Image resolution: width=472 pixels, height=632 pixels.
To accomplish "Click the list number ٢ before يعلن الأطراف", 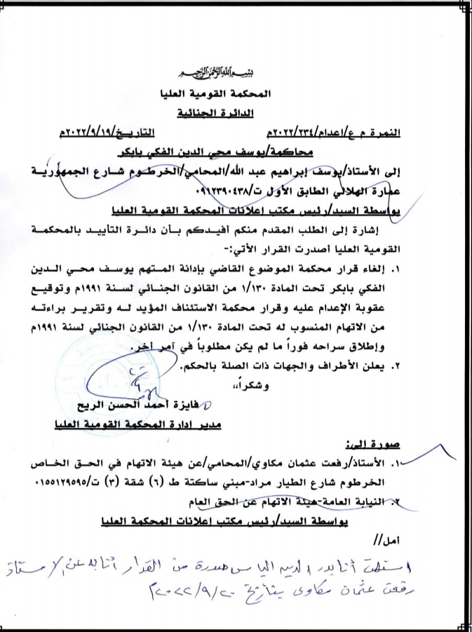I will coord(426,365).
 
